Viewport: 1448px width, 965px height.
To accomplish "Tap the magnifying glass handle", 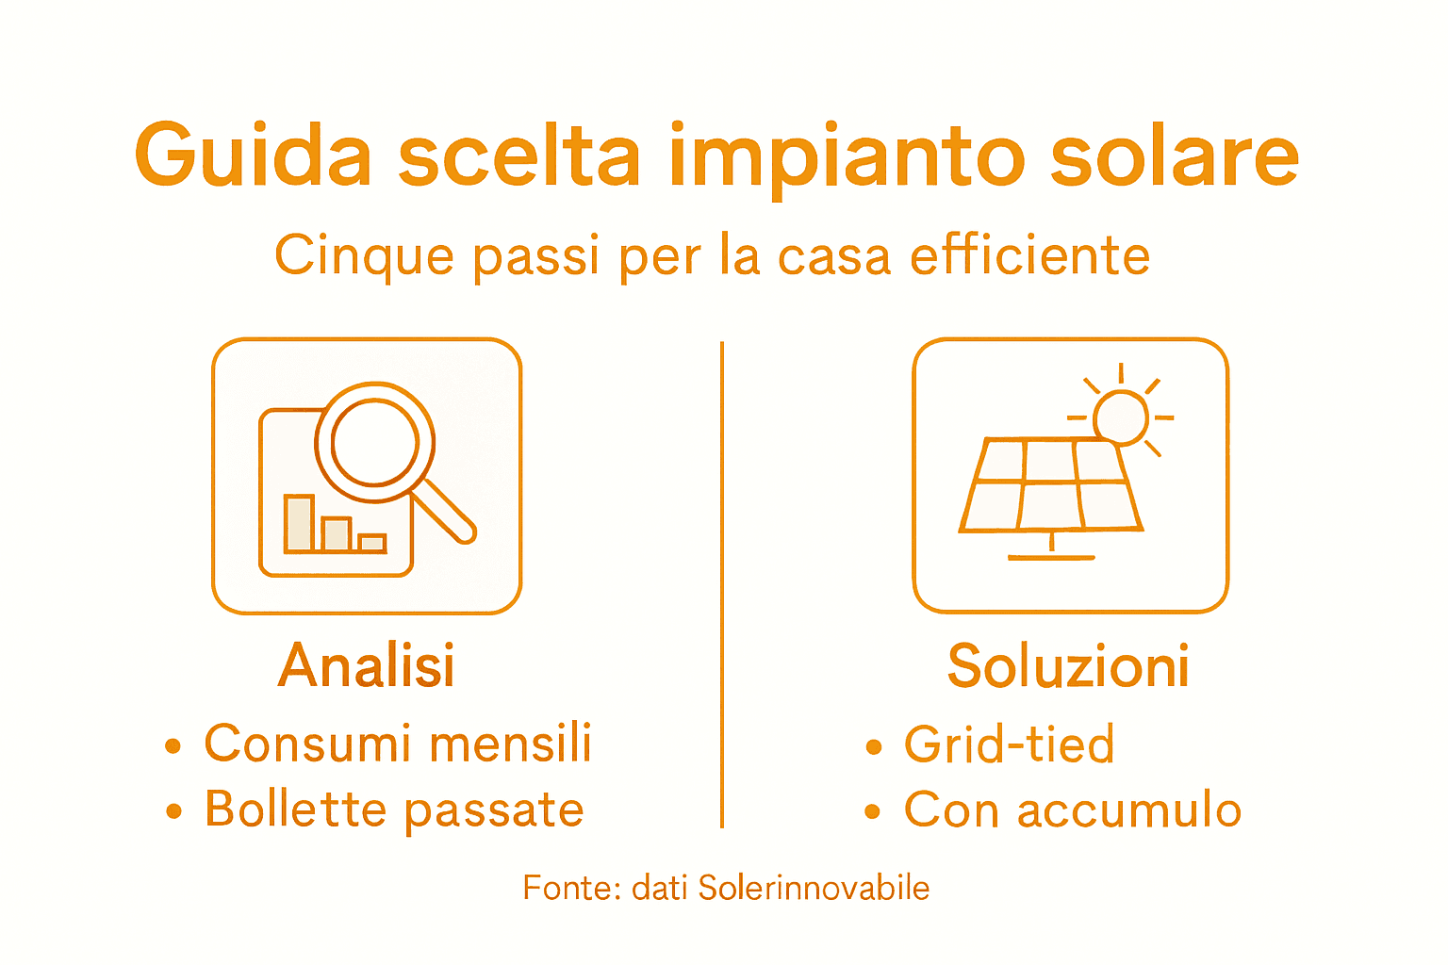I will [443, 510].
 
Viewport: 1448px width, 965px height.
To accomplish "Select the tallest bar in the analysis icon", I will [300, 523].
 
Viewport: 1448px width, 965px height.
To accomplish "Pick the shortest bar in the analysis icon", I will [372, 543].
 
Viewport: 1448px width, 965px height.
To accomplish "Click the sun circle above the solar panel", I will [1121, 416].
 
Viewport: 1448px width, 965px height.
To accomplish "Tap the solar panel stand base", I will [1051, 557].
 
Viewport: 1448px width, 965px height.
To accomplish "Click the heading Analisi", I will [367, 666].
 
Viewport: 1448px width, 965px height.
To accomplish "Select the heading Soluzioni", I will [1068, 666].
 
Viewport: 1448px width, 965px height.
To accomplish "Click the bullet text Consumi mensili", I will [398, 744].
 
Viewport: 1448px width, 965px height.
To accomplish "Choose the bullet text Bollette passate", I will [394, 810].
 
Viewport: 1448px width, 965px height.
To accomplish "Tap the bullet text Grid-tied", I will [1009, 744].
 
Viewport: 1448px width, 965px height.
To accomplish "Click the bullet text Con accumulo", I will [1072, 810].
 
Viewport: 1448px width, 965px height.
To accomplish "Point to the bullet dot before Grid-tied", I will [874, 747].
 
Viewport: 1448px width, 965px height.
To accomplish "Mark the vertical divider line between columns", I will [722, 584].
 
